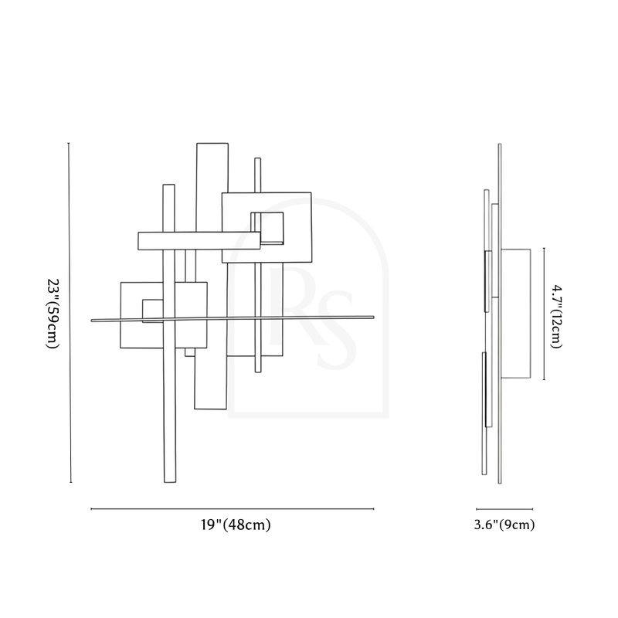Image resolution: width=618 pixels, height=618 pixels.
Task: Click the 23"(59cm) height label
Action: (x=53, y=314)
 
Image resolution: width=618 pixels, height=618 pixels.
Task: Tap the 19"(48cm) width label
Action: (x=236, y=525)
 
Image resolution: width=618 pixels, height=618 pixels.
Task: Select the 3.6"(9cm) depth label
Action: (x=504, y=525)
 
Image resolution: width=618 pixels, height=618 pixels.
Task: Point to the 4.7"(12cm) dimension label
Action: (x=556, y=317)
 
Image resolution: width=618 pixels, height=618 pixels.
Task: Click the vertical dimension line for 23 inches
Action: (x=70, y=313)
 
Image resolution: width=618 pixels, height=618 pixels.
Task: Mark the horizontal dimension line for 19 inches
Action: (x=233, y=509)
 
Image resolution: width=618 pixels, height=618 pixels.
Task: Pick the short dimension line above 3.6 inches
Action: (x=504, y=509)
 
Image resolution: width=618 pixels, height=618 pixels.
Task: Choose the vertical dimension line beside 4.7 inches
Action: (x=545, y=314)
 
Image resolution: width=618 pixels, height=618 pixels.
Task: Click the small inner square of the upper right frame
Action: (x=267, y=229)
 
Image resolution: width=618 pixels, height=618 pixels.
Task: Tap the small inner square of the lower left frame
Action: (x=153, y=311)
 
